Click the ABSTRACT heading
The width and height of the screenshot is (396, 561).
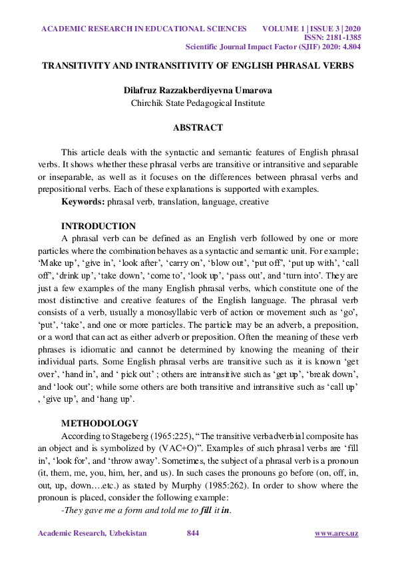(x=198, y=127)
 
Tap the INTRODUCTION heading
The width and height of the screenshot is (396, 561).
(x=99, y=226)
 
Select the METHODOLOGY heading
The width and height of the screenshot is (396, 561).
(x=100, y=423)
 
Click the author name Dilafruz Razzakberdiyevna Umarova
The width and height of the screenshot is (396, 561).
(x=198, y=90)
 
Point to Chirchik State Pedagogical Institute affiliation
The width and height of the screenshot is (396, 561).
(x=198, y=103)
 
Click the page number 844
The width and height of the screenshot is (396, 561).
(x=193, y=534)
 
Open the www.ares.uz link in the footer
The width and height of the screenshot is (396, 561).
(x=336, y=534)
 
